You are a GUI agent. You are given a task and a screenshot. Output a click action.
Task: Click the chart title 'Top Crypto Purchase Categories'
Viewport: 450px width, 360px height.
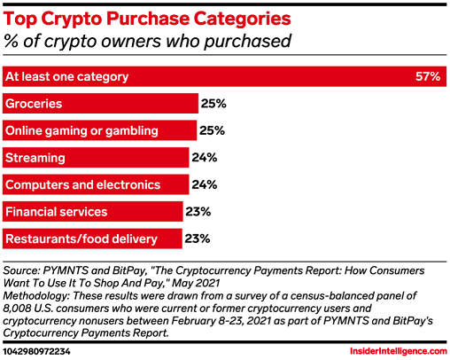coord(147,20)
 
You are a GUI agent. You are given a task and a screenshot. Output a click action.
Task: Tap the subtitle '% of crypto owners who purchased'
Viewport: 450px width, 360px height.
coord(148,41)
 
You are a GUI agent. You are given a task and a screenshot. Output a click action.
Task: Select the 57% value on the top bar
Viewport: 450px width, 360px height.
coord(428,76)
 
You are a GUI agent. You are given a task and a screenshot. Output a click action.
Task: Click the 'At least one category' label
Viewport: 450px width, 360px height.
coord(66,77)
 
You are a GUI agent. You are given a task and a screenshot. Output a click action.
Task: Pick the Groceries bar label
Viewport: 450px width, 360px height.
coord(34,104)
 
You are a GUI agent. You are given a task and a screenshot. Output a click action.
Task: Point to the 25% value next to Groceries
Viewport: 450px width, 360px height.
coord(213,104)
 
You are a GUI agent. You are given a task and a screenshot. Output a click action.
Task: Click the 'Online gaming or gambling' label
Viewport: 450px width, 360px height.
coord(81,131)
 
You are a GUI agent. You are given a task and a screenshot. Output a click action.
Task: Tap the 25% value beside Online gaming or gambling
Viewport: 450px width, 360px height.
coord(212,130)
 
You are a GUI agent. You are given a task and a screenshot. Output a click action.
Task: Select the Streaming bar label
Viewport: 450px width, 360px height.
coord(35,158)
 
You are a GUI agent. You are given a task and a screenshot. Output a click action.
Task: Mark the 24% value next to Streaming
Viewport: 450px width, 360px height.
coord(205,158)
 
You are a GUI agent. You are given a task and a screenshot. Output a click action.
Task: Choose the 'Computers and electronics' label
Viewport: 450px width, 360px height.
coord(82,185)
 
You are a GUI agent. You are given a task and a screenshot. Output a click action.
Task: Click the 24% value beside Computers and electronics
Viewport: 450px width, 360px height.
coord(205,184)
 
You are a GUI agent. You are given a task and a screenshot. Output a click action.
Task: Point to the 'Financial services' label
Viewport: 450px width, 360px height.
coord(56,212)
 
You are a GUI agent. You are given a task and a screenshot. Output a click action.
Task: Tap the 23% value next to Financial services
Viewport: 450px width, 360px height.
coord(198,212)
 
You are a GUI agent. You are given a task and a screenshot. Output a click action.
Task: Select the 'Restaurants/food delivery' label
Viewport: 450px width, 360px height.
coord(81,239)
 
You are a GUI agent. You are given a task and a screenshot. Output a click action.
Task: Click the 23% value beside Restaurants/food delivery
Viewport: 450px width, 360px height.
coord(198,239)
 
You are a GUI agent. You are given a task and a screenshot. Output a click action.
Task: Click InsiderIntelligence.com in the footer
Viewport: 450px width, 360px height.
coord(399,351)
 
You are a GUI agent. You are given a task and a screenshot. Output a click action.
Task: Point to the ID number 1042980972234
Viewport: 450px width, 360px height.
coord(37,352)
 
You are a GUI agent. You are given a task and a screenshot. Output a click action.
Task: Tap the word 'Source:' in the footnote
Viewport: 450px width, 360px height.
coord(21,270)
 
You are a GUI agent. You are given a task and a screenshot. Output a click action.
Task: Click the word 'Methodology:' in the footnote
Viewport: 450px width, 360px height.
coord(36,296)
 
